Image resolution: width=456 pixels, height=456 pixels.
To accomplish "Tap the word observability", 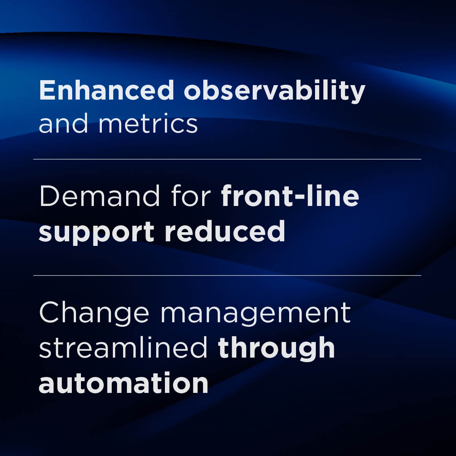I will tap(274, 91).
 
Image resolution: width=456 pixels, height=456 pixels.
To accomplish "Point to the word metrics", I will tap(148, 124).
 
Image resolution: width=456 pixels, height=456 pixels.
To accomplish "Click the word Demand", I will tap(100, 196).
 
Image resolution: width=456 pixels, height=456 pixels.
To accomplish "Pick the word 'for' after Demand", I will tap(191, 196).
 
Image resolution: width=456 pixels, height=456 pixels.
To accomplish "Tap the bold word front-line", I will tap(290, 196).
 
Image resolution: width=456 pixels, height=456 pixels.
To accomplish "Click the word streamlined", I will tap(123, 348).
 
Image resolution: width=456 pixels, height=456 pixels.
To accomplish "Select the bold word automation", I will tap(123, 383).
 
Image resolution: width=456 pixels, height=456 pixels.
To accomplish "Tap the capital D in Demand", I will tap(50, 196).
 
